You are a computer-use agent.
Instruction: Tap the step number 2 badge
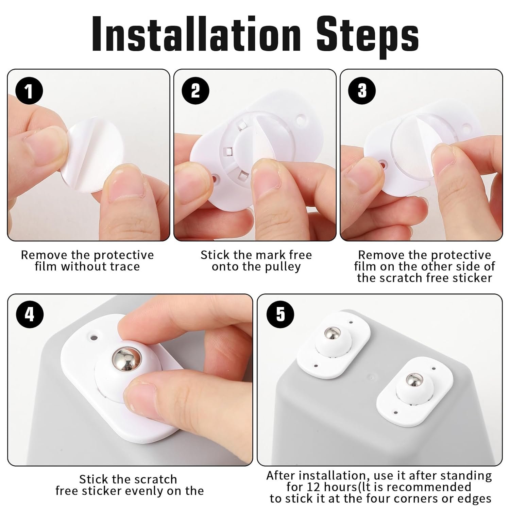click(x=195, y=91)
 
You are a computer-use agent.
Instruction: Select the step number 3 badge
click(x=362, y=91)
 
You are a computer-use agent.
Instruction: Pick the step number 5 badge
click(x=280, y=314)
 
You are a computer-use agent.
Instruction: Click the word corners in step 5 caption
click(x=419, y=499)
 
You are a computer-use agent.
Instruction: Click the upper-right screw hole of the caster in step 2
click(x=301, y=119)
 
